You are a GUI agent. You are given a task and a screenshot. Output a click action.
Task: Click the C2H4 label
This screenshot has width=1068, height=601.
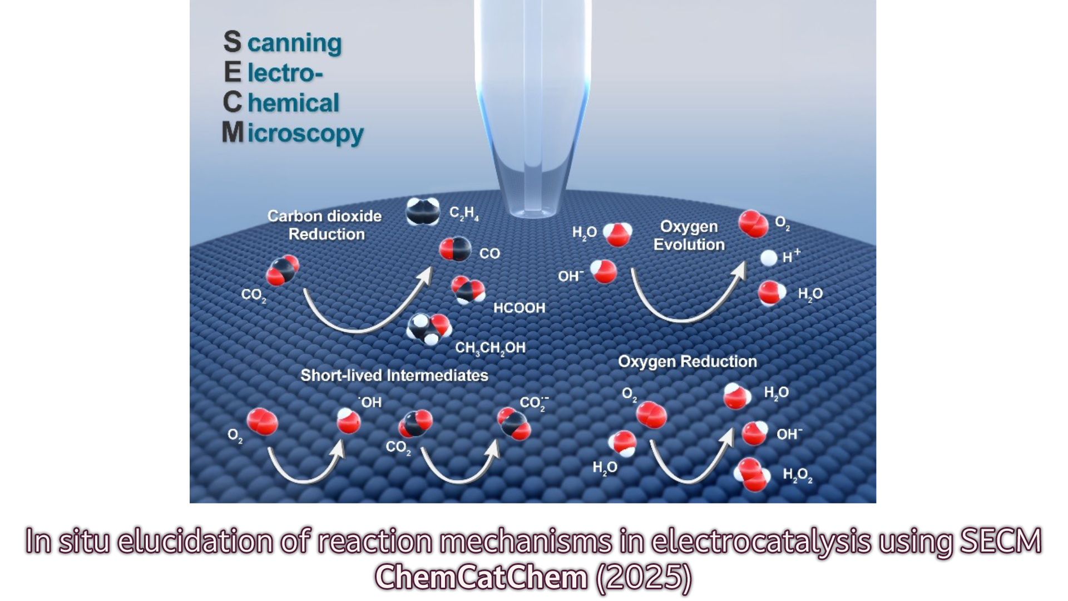464,213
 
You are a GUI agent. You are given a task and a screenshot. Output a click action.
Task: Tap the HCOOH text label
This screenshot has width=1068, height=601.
519,308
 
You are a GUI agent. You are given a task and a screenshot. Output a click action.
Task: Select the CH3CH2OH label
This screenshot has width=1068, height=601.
490,348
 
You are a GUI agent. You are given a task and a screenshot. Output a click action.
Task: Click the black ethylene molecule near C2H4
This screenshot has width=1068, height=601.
423,211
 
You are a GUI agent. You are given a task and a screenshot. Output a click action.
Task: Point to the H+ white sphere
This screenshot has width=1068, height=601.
769,258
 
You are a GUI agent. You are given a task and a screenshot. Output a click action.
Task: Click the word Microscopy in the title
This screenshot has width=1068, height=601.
293,134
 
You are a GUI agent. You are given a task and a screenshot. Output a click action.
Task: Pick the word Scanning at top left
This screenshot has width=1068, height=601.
283,43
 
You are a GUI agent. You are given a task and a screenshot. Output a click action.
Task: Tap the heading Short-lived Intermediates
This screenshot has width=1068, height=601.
394,376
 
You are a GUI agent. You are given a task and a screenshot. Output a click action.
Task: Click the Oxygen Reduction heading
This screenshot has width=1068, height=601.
688,362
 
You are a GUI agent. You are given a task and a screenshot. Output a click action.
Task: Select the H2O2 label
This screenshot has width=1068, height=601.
797,475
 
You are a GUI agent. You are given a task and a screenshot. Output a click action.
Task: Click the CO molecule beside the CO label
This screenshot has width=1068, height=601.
455,249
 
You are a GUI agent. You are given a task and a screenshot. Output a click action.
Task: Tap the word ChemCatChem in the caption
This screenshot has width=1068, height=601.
481,577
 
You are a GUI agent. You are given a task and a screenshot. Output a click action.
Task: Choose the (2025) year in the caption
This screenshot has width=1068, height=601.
644,577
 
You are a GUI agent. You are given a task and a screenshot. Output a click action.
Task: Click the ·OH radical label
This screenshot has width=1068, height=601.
370,402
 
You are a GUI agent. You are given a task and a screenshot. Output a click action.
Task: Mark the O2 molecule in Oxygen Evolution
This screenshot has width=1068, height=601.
753,224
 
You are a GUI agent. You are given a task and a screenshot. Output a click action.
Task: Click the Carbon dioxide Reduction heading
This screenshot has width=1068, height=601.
325,225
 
